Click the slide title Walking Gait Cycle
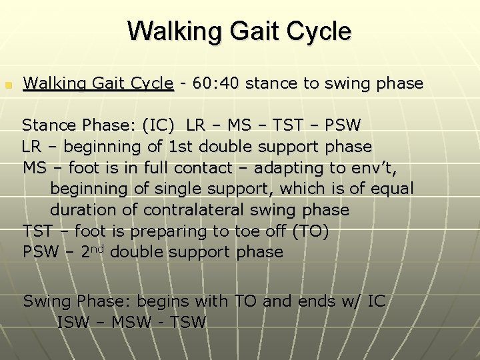[x=239, y=31]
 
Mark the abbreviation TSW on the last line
[x=189, y=323]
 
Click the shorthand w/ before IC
[x=355, y=301]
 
